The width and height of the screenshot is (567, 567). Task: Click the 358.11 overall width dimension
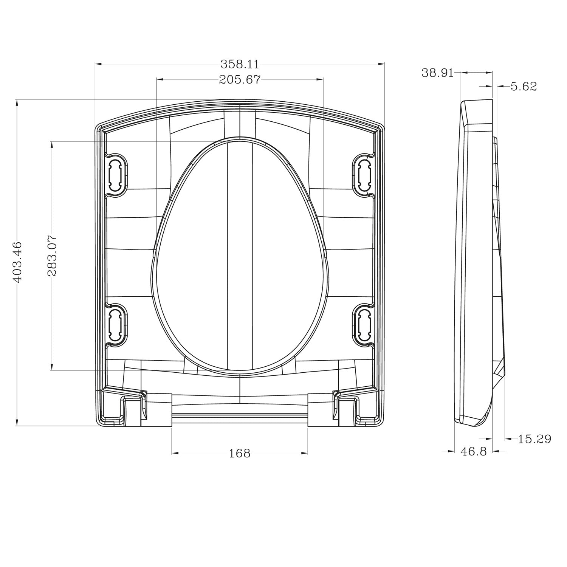(240, 64)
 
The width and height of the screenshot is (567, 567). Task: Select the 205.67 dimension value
(240, 79)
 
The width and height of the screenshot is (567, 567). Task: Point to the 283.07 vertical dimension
(52, 256)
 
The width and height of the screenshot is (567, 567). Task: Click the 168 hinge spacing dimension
(240, 453)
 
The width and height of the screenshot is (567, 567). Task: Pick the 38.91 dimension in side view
(437, 73)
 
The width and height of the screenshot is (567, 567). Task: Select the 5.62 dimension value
(524, 87)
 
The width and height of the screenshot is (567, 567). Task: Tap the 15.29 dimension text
(534, 439)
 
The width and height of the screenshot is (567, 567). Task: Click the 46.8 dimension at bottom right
(473, 451)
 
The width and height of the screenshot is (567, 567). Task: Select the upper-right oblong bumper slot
(364, 175)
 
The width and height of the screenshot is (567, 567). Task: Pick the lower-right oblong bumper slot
(364, 325)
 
